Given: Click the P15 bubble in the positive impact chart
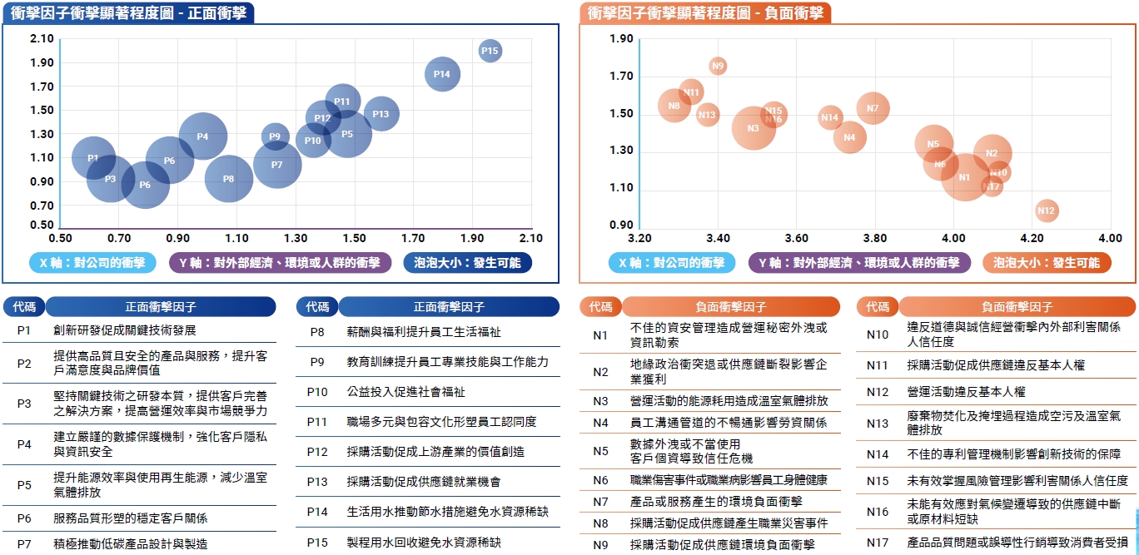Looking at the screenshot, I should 490,51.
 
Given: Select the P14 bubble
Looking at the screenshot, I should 442,74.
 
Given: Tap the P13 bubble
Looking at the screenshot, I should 380,114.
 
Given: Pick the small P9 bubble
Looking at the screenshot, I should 275,136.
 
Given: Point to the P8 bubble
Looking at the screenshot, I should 228,178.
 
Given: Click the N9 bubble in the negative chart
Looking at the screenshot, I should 718,66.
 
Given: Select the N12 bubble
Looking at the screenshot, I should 1047,211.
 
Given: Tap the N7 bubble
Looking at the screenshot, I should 873,107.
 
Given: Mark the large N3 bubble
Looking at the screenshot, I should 754,127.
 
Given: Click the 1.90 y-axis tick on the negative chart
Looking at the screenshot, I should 621,39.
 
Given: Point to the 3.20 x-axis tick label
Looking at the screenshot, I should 639,238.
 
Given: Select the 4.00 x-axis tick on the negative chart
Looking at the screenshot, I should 953,238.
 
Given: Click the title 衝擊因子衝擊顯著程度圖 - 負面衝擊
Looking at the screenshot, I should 704,12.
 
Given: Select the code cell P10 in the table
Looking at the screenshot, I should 317,391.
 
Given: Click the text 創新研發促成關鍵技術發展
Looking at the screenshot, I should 125,330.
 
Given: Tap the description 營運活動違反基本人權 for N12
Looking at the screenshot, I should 966,391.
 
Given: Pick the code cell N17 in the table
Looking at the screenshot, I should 878,542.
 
